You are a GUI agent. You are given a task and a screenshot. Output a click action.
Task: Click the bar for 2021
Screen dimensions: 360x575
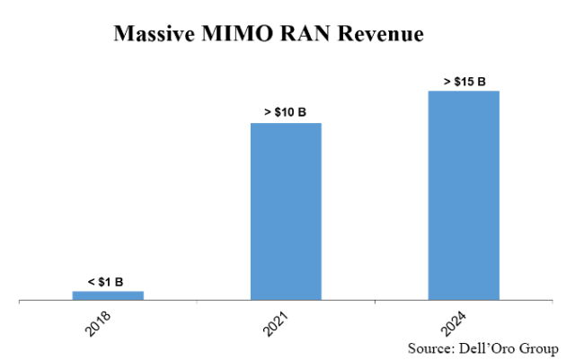pyautogui.click(x=286, y=212)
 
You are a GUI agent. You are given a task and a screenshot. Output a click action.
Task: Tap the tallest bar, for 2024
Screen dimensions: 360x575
pyautogui.click(x=464, y=196)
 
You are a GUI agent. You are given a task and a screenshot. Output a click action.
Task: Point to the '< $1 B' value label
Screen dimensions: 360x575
pyautogui.click(x=106, y=283)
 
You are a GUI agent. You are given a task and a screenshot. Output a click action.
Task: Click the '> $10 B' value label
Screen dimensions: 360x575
pyautogui.click(x=285, y=114)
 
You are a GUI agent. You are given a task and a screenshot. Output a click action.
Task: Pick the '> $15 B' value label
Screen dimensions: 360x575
pyautogui.click(x=464, y=82)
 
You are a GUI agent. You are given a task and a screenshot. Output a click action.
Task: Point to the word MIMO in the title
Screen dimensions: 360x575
pyautogui.click(x=235, y=35)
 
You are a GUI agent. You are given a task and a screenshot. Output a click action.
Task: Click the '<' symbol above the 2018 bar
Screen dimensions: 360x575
pyautogui.click(x=91, y=283)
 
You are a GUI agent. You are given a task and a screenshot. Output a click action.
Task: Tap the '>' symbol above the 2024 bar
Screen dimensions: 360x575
pyautogui.click(x=447, y=82)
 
